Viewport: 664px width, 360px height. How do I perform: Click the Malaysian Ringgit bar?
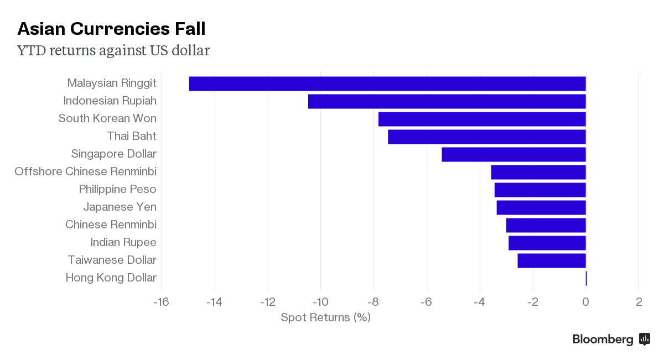(x=387, y=84)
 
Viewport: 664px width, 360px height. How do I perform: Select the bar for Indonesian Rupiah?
(x=447, y=101)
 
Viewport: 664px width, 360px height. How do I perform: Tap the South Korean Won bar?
(x=482, y=119)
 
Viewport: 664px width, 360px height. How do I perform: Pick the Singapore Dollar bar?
(x=513, y=154)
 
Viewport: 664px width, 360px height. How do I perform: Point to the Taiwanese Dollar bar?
(x=552, y=260)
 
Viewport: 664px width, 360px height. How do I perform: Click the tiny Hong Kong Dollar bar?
(x=586, y=278)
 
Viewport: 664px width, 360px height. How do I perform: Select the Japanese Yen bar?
(x=541, y=207)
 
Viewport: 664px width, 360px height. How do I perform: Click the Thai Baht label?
(x=132, y=136)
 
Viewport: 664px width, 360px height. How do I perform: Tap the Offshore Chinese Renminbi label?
(x=85, y=171)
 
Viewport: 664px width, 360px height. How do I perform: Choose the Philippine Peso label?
(x=117, y=189)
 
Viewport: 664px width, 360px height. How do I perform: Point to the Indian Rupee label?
(x=123, y=242)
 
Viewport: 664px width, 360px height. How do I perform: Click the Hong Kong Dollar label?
(x=111, y=278)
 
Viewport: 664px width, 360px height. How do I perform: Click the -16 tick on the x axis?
(x=161, y=302)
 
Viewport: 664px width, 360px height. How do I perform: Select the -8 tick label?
(x=373, y=302)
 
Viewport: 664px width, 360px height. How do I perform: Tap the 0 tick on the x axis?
(x=585, y=302)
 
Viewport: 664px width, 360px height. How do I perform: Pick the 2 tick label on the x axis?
(x=639, y=302)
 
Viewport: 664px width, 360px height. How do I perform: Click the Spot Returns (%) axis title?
(x=325, y=317)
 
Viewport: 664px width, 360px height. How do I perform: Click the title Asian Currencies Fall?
(x=112, y=29)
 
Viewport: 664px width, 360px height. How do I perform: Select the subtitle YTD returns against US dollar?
(x=113, y=51)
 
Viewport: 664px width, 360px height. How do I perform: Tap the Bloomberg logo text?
(x=603, y=340)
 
